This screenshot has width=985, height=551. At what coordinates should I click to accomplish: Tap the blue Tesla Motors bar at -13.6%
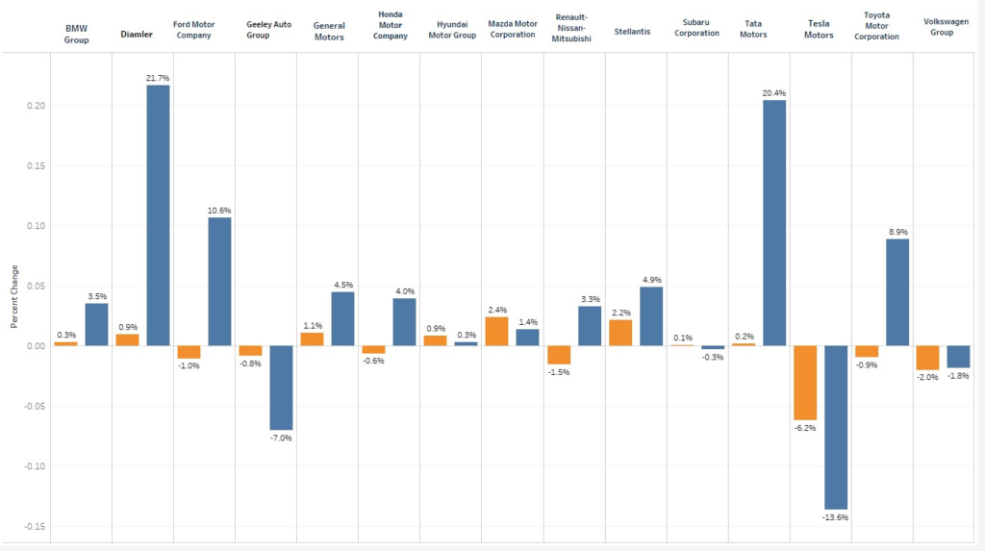[836, 427]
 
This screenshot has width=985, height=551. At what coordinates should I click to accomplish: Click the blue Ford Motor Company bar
[219, 282]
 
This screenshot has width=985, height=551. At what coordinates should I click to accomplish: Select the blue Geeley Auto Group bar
[281, 388]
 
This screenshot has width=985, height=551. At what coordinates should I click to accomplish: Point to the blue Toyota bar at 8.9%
[897, 292]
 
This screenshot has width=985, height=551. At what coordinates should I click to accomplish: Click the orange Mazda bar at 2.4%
[496, 331]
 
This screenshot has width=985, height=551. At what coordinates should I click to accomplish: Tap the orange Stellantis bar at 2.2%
[620, 333]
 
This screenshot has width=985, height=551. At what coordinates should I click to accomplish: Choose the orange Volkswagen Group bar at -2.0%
[928, 358]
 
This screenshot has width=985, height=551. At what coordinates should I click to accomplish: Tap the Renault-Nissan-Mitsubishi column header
[574, 30]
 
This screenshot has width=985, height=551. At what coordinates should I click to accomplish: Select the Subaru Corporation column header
[697, 27]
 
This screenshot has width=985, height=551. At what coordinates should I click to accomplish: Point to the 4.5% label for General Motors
[342, 285]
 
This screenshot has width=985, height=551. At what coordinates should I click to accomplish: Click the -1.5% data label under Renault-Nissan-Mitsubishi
[559, 372]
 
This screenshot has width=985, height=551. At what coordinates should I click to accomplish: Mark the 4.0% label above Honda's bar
[404, 291]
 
